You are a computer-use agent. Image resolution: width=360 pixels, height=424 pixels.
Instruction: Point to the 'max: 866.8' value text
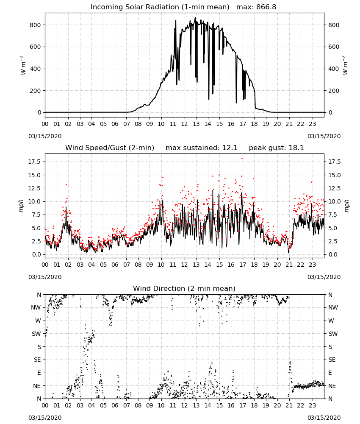(x=256, y=7)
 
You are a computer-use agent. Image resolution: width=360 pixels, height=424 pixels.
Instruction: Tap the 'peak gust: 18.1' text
(x=276, y=148)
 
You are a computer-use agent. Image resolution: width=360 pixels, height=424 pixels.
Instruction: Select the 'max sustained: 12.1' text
(x=202, y=148)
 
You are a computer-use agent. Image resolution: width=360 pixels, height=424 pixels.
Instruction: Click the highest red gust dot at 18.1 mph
(x=242, y=159)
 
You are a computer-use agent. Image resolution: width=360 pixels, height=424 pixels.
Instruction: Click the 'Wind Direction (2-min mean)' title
(x=184, y=288)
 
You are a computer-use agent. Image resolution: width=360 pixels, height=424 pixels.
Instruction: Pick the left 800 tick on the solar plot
(x=36, y=25)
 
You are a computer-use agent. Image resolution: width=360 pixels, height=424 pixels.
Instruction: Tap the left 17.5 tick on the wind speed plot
(x=35, y=162)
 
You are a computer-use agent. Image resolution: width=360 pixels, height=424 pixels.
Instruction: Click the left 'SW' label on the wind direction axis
(x=36, y=334)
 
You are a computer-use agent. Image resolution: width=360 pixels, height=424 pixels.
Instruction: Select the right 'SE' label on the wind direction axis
(x=332, y=360)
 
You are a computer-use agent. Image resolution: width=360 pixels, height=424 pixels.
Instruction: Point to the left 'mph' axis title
(x=21, y=206)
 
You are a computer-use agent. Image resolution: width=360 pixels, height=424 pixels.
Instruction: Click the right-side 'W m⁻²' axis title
(x=345, y=65)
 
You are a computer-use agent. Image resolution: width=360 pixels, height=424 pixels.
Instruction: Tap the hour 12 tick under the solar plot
(x=185, y=124)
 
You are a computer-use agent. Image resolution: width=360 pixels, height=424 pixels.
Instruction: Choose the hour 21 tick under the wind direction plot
(x=289, y=405)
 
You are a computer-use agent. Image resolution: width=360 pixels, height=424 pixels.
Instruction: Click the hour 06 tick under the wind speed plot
(x=115, y=265)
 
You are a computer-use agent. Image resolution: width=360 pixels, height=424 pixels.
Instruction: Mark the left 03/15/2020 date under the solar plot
(x=45, y=136)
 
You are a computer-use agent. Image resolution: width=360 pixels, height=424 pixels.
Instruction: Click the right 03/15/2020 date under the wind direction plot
(x=324, y=418)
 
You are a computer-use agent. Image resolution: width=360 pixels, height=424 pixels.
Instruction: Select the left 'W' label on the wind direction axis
(x=38, y=321)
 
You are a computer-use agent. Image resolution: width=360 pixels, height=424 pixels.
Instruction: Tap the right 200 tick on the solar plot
(x=334, y=91)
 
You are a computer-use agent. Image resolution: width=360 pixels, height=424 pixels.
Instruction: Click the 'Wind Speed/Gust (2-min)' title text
(x=110, y=148)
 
